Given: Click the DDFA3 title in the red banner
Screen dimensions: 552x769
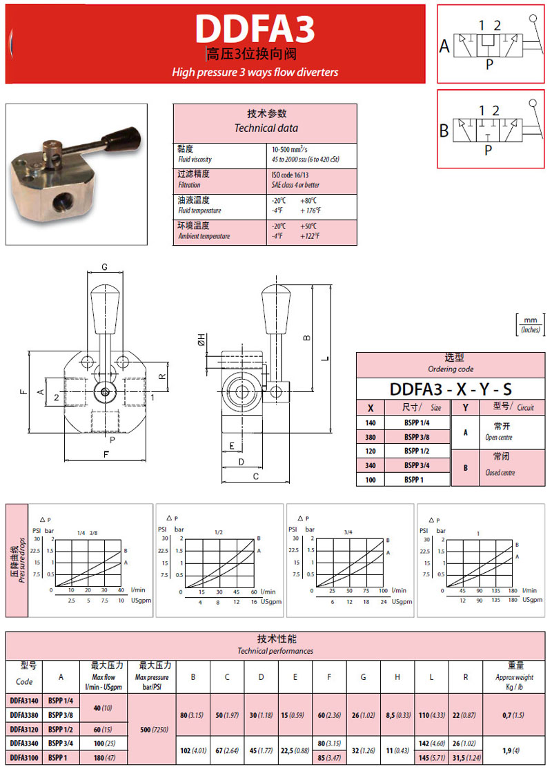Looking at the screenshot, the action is [255, 29].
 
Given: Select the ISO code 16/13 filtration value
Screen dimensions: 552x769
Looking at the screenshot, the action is [290, 175].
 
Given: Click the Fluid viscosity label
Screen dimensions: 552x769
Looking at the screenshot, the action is [195, 159].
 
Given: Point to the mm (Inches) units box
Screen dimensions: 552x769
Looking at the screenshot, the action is [531, 324].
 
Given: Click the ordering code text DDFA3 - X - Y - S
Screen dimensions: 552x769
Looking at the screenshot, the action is [451, 389].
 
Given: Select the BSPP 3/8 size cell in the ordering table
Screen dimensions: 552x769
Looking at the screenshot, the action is [417, 437].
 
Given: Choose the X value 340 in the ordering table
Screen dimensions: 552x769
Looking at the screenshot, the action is [371, 465].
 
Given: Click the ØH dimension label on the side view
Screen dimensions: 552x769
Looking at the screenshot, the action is [201, 339].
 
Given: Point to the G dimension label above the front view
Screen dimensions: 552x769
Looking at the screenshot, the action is [104, 267].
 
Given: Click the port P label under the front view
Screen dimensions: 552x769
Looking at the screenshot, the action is [112, 440].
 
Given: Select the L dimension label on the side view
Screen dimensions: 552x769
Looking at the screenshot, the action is [325, 358].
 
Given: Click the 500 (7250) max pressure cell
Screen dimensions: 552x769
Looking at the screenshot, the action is [154, 729].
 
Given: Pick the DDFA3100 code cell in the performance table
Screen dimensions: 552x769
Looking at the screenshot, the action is [24, 758].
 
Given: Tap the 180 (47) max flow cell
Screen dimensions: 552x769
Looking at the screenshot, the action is [104, 758].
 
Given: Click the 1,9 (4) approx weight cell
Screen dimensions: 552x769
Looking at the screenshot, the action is [511, 750].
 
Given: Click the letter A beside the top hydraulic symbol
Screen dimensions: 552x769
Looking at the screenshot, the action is [444, 46].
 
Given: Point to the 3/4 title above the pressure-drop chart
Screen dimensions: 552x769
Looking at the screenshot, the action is [348, 532].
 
